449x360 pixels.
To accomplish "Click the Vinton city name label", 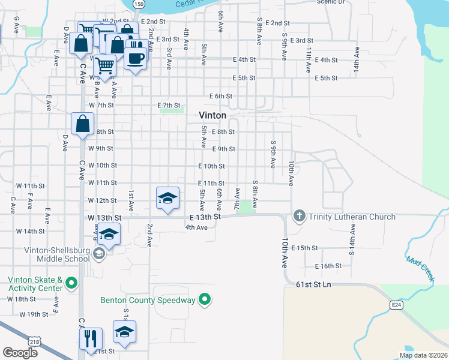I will (x=213, y=115).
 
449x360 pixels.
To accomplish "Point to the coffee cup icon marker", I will (x=136, y=58).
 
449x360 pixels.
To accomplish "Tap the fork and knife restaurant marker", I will (x=91, y=338).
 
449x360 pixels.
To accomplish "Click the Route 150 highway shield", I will (x=139, y=4).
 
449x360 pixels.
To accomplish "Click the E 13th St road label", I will (x=205, y=217).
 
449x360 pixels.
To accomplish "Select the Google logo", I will (x=20, y=353).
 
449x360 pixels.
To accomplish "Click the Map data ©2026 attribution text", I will (x=423, y=355).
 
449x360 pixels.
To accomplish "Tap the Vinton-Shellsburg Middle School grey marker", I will (x=99, y=254).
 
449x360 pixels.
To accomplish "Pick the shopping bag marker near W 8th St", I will (x=82, y=124).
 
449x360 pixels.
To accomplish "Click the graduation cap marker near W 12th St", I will (x=168, y=198).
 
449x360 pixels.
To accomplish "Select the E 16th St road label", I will (x=328, y=266).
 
